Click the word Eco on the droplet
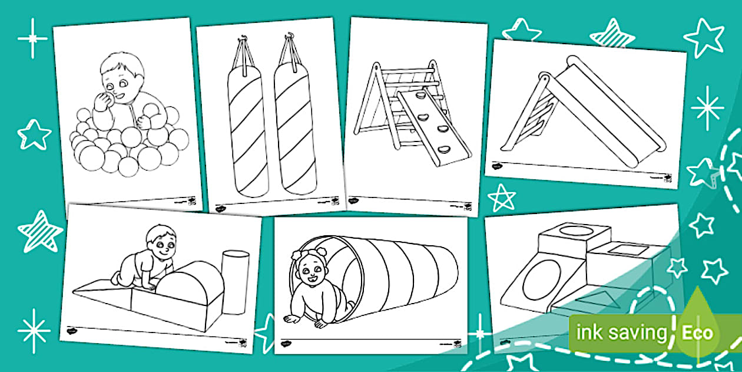698,333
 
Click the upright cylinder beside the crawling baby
235,282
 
